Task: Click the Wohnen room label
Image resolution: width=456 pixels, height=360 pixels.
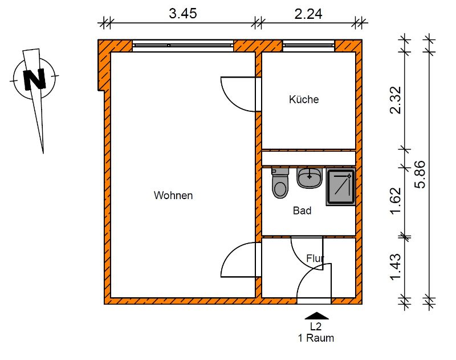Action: pyautogui.click(x=173, y=195)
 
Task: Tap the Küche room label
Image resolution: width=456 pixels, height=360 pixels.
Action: pyautogui.click(x=304, y=99)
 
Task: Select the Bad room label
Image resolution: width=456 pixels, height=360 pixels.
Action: pyautogui.click(x=302, y=211)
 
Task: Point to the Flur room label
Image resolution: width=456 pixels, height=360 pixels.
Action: pyautogui.click(x=315, y=258)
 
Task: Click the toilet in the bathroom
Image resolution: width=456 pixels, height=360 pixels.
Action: pyautogui.click(x=280, y=183)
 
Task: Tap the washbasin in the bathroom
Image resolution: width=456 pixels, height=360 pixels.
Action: pyautogui.click(x=310, y=178)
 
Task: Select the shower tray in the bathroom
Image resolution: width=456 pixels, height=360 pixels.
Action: pyautogui.click(x=341, y=187)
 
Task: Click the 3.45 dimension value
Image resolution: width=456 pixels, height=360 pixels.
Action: pyautogui.click(x=183, y=14)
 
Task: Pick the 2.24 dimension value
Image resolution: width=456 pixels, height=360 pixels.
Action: pyautogui.click(x=308, y=14)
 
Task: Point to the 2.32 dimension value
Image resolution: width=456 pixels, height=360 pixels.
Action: pyautogui.click(x=396, y=100)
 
